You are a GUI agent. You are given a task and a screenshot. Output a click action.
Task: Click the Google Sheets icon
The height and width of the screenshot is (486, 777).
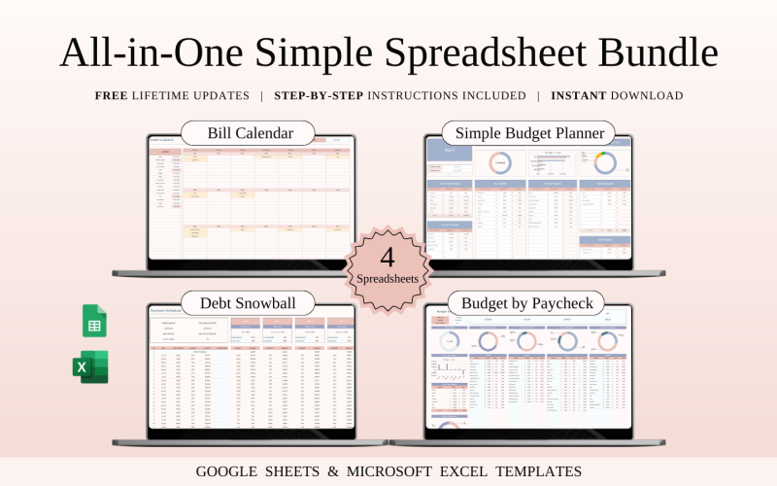(94, 321)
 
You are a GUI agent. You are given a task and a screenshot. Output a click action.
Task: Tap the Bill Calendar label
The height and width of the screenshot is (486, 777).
(249, 133)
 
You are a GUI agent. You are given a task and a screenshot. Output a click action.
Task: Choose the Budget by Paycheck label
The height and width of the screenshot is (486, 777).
(526, 302)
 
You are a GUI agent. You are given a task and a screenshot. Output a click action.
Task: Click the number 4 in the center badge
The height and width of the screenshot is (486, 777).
(388, 258)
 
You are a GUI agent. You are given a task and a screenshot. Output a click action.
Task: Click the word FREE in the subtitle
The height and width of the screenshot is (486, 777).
(113, 96)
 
